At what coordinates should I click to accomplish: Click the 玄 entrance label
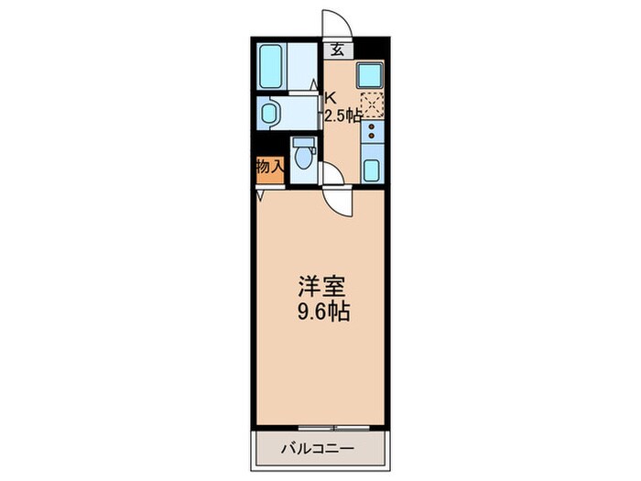coord(337,51)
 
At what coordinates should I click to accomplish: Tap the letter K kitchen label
coord(331,95)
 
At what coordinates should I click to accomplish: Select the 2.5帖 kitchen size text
coord(342,115)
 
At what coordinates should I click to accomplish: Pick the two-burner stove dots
coord(372,137)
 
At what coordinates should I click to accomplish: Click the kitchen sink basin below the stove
coord(372,168)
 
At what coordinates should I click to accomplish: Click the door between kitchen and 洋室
coord(336,196)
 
